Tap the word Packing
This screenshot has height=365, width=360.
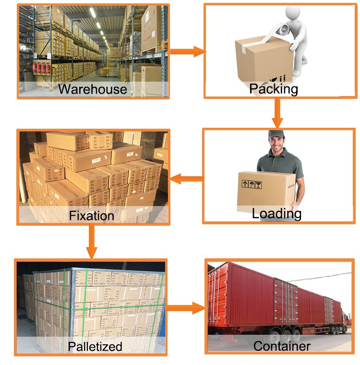pyautogui.click(x=274, y=89)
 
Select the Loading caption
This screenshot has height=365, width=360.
pyautogui.click(x=276, y=214)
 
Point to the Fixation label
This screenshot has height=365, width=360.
pyautogui.click(x=92, y=215)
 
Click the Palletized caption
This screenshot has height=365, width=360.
pyautogui.click(x=95, y=346)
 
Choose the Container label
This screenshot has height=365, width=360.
pyautogui.click(x=282, y=346)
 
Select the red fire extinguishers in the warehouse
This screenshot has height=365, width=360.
pyautogui.click(x=42, y=68)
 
